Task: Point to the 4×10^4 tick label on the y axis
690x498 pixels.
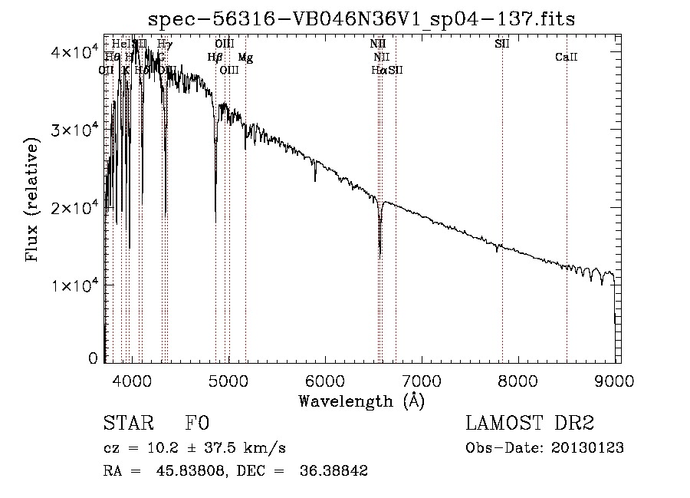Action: [80, 52]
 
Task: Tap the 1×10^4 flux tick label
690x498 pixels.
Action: [80, 285]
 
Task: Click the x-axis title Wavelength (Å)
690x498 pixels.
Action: [362, 401]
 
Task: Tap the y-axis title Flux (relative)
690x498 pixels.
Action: [32, 201]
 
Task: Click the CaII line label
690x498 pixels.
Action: [566, 58]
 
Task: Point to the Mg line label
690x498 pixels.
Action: [245, 58]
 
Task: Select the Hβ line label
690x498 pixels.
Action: [215, 58]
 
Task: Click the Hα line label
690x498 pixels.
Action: [379, 71]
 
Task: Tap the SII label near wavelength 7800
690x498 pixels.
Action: [502, 44]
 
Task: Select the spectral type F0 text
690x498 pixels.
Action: [197, 424]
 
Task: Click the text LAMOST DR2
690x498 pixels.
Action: [529, 424]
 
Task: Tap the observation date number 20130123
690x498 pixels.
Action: [590, 447]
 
